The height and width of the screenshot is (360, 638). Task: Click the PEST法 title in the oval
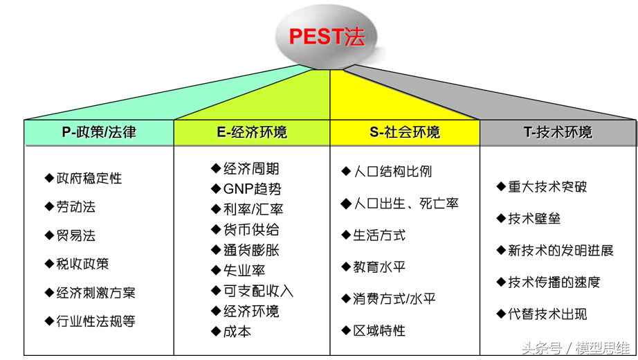coord(326,36)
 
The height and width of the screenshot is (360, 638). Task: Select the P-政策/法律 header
coord(99,132)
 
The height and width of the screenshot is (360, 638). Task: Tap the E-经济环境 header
coord(252,132)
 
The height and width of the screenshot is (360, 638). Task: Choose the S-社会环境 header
coord(405,132)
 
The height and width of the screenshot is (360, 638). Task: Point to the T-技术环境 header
coord(558,132)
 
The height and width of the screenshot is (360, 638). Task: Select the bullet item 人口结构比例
coord(392,172)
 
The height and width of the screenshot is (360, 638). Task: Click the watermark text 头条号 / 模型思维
coord(575,348)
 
